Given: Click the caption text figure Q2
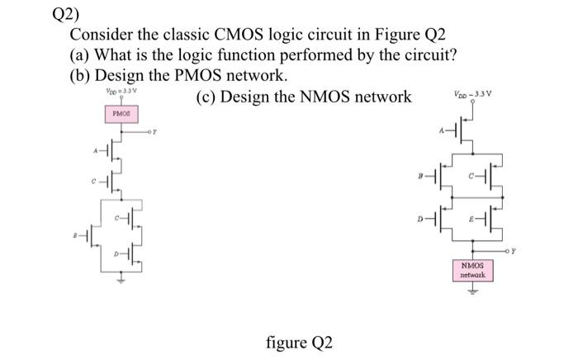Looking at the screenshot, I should tap(300, 341).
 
